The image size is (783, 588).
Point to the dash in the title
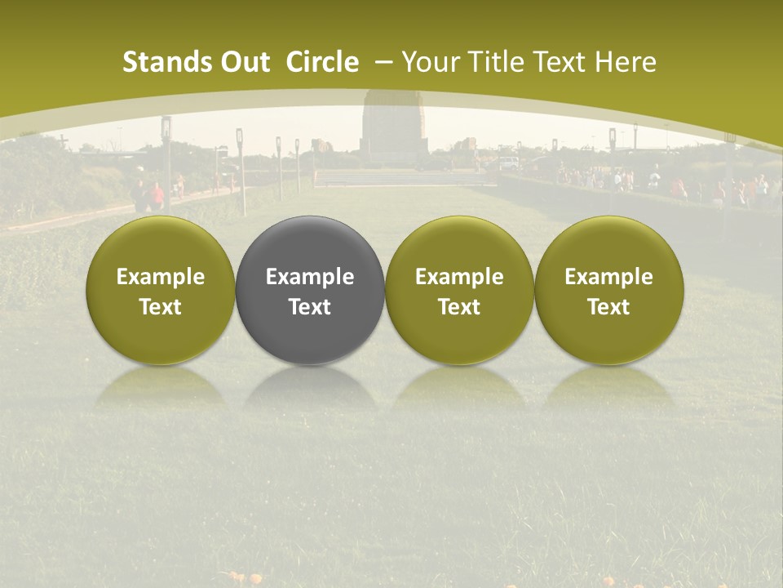click(381, 63)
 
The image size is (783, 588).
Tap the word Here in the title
click(626, 63)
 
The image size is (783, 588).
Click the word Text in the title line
click(562, 63)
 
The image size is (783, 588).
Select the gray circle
click(310, 290)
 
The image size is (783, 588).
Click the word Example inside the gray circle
click(310, 277)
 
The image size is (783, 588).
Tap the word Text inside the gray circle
click(310, 307)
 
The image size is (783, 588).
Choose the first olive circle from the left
click(161, 290)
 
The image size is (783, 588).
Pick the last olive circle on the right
click(609, 290)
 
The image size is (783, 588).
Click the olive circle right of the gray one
click(459, 290)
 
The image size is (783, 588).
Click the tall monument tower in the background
click(395, 122)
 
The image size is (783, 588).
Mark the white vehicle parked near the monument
click(510, 163)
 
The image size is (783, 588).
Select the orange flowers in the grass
click(245, 578)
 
